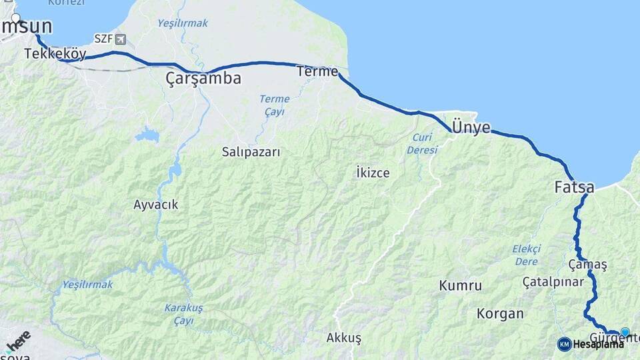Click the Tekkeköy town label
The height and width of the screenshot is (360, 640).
pos(55,53)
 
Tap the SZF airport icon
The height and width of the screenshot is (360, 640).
pos(120,39)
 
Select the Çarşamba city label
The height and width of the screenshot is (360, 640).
pos(203,79)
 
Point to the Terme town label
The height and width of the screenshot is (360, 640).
pos(317,71)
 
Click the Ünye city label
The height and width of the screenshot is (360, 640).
pos(471,127)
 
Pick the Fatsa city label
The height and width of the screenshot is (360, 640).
pos(574,188)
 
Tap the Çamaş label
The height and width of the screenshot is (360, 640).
pos(587,265)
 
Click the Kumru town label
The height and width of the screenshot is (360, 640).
pos(460,286)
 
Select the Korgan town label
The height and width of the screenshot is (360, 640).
pos(500,313)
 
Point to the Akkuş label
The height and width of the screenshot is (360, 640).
pos(343,338)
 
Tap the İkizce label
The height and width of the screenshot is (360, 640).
pos(373,173)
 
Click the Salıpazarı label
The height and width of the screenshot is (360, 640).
pos(251,152)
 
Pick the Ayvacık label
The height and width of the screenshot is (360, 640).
pos(155,205)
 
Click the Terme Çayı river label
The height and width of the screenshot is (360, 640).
pos(275,105)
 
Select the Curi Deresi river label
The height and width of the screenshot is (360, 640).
pos(422,143)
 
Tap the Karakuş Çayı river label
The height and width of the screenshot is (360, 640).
pos(183,313)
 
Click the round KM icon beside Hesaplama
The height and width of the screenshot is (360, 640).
pos(564,344)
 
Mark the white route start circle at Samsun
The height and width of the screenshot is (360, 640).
pos(16,18)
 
